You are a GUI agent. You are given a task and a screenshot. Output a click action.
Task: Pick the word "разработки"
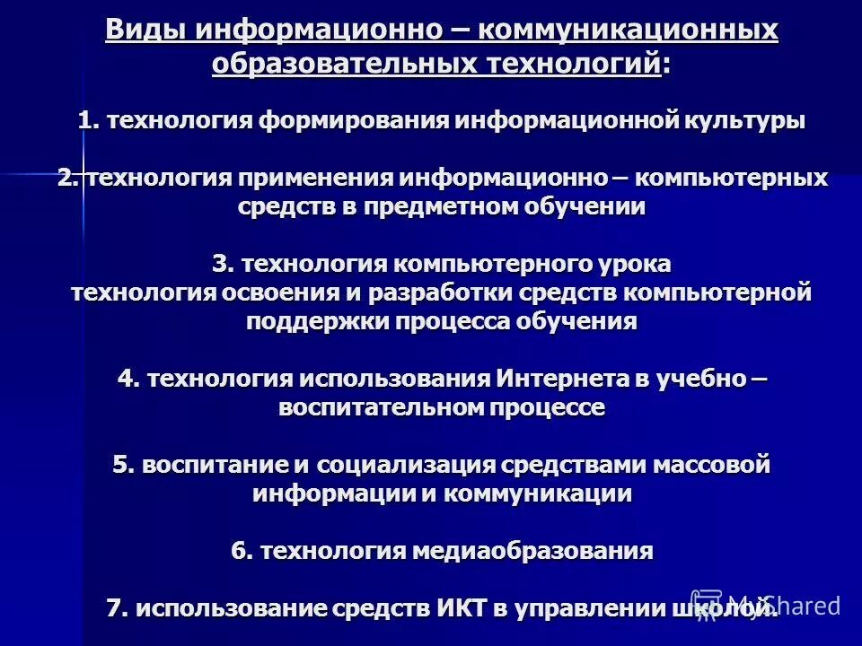point(481,292)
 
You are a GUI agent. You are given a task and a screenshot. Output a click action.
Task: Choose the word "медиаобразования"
point(532,551)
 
